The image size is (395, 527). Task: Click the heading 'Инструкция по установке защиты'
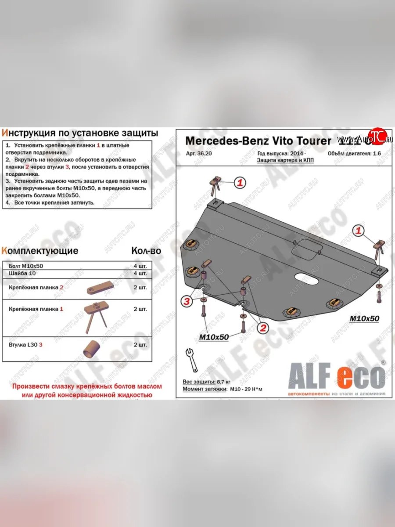[80, 133]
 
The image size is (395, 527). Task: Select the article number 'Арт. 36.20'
[196, 154]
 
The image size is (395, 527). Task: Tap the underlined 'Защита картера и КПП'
[285, 161]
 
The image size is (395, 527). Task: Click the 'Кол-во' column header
[146, 251]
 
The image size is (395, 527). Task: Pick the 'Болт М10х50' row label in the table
[26, 266]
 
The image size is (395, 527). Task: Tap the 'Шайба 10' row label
[21, 273]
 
